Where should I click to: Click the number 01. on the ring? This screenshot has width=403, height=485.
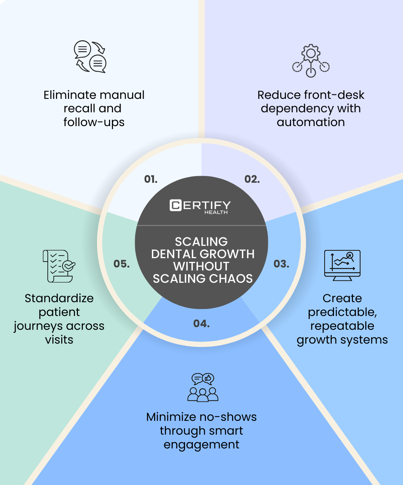point(151,179)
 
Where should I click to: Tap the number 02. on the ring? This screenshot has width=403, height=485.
point(252,179)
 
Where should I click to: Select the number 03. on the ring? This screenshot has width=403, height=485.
point(281,264)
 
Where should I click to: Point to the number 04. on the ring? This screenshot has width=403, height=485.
point(201,323)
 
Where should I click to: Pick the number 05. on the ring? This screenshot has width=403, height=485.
point(122,264)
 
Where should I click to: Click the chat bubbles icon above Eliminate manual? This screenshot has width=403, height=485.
point(90,57)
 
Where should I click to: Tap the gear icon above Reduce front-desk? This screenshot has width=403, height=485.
point(311,61)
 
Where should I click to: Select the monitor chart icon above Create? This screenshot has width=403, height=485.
point(342,265)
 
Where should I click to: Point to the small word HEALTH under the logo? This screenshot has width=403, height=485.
point(216,213)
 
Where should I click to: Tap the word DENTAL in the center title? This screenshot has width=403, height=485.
point(169,254)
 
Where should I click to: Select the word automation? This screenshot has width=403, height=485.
point(311,122)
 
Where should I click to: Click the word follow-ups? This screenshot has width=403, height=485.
point(94,122)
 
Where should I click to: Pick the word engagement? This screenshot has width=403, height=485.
point(201,445)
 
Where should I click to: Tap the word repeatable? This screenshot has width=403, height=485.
point(342,326)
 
